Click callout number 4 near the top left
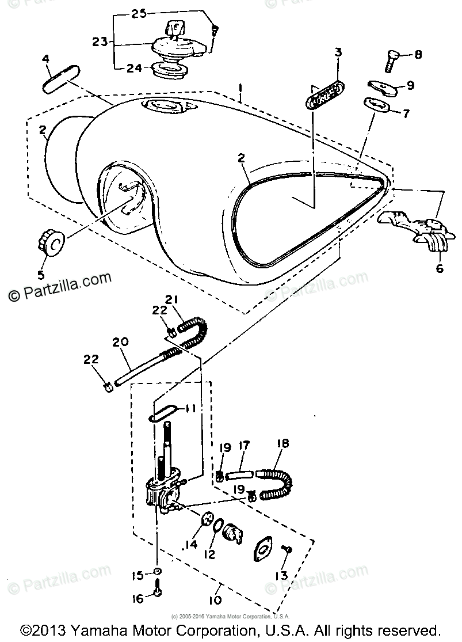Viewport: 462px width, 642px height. tap(46, 59)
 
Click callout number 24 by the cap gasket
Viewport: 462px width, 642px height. tap(135, 68)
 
